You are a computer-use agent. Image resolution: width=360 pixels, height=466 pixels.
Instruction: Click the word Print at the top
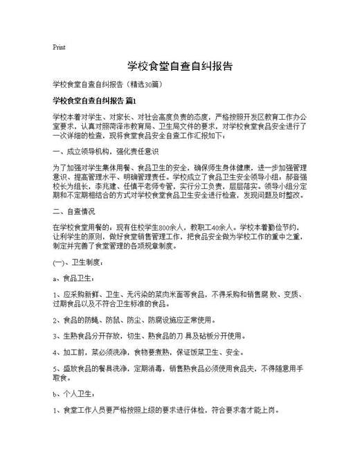(x=59, y=47)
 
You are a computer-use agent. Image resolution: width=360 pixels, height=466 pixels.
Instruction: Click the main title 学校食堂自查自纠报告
(x=179, y=66)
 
